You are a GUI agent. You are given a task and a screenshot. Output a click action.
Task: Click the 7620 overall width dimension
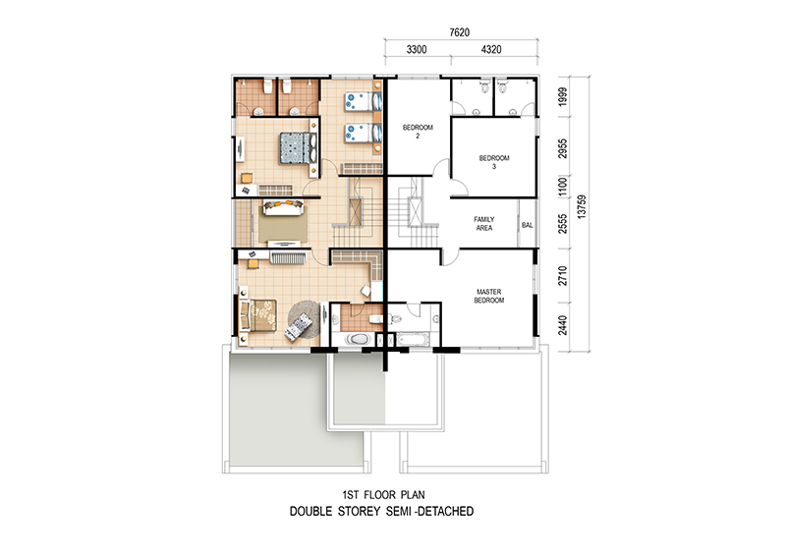[x=459, y=32]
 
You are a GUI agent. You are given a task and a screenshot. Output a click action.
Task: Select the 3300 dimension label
[x=416, y=49]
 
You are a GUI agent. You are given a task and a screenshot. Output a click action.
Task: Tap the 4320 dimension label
[x=490, y=49]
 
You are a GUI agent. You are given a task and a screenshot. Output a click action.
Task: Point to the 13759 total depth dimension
[x=582, y=206]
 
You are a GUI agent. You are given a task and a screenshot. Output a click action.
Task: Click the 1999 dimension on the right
[x=563, y=97]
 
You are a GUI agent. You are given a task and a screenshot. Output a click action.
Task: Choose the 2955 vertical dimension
[x=563, y=149]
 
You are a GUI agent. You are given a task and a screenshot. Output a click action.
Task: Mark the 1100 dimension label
[x=563, y=187]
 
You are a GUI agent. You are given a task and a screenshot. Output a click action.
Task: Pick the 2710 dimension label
[x=563, y=276]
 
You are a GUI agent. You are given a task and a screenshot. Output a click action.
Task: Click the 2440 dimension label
[x=563, y=325]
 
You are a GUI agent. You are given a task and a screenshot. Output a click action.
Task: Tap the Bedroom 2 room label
[x=418, y=132]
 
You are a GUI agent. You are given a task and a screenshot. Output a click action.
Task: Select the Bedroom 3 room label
[x=494, y=162]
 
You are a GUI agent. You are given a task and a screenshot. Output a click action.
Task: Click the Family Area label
[x=483, y=224]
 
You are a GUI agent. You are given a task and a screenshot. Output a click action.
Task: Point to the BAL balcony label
[x=528, y=225]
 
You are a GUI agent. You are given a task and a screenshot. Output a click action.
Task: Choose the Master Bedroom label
[x=488, y=296]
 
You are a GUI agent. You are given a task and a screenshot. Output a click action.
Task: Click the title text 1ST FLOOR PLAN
[x=383, y=495]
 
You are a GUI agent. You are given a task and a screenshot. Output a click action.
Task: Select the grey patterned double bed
[x=295, y=147]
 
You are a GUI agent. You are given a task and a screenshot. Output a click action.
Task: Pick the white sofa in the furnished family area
[x=283, y=207]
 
